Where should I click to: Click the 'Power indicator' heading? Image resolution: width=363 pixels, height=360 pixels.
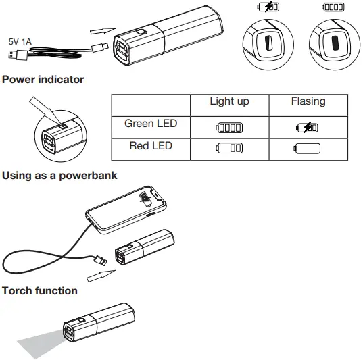click(x=43, y=80)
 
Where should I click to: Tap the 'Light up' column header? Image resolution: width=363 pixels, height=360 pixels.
click(x=229, y=102)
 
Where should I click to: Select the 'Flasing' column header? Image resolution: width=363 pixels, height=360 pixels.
click(x=308, y=102)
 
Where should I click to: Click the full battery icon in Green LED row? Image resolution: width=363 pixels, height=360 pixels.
click(x=229, y=127)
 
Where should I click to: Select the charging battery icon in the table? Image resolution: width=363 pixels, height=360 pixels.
click(x=308, y=127)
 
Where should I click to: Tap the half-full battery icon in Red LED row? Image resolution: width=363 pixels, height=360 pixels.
click(x=229, y=148)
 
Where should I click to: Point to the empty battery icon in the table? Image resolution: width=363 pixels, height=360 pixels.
click(x=308, y=148)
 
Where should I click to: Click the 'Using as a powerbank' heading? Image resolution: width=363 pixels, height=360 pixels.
click(x=59, y=176)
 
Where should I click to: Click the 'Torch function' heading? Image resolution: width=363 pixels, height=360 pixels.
click(x=40, y=291)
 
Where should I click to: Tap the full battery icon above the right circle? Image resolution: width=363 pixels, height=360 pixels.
click(x=333, y=7)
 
